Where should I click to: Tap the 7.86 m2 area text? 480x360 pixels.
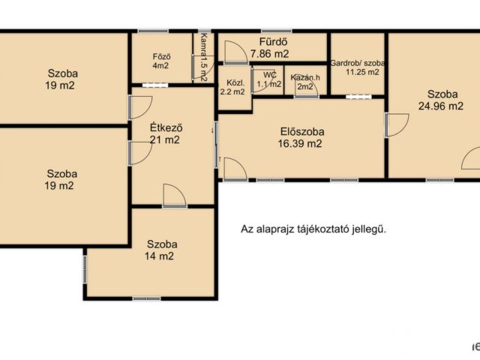click(x=270, y=54)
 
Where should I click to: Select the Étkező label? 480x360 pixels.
click(x=166, y=127)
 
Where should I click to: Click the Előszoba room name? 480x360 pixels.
click(x=302, y=132)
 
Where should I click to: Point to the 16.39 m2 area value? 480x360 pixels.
click(x=300, y=143)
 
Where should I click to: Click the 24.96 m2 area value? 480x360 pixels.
click(x=441, y=106)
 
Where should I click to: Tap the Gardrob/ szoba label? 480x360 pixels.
click(x=358, y=63)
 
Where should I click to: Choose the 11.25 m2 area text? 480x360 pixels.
click(x=362, y=72)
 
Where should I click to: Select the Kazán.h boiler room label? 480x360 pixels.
click(x=305, y=77)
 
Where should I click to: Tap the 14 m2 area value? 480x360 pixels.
click(x=159, y=256)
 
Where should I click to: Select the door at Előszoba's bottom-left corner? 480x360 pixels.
click(x=235, y=168)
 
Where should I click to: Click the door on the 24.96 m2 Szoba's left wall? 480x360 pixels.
click(x=397, y=125)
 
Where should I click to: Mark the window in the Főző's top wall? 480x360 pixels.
click(x=153, y=31)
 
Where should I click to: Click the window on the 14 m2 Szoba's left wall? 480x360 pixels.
click(x=85, y=270)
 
